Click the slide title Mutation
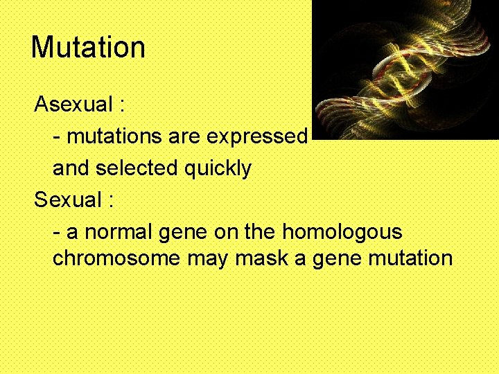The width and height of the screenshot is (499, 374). point(88,47)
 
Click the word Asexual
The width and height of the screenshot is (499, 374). point(73,105)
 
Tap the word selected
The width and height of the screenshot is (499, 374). point(137,168)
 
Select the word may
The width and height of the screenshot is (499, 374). point(208,260)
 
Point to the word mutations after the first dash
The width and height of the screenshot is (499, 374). point(114,137)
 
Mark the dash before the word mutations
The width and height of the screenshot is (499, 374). point(57,137)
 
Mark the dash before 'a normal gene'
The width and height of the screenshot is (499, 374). point(57,232)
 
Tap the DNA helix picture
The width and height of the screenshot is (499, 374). point(405,69)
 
